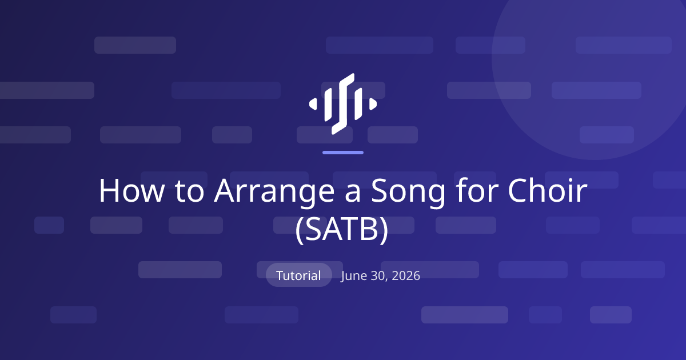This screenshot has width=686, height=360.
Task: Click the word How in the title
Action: [131, 191]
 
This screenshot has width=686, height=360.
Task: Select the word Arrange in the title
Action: [274, 194]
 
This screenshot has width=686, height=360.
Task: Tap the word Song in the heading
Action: [408, 194]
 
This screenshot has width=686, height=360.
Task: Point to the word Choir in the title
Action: [547, 190]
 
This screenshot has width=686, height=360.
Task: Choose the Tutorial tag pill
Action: [298, 275]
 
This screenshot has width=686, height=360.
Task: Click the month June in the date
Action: [354, 276]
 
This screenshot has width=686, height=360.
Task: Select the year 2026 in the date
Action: [406, 275]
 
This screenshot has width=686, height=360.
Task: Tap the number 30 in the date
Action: [379, 276]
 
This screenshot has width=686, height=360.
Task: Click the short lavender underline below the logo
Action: [343, 153]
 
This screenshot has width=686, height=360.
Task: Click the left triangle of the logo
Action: [313, 104]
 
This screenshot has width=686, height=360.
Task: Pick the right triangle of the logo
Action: [373, 104]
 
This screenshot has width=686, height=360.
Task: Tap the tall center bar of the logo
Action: [343, 104]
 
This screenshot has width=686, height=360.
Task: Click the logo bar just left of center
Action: [328, 105]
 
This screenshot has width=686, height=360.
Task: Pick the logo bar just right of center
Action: [358, 104]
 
